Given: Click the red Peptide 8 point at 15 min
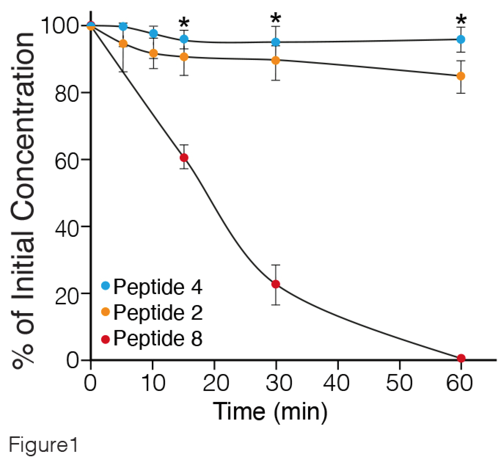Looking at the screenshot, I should click(x=184, y=158).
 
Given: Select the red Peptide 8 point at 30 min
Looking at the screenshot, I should click(x=276, y=284).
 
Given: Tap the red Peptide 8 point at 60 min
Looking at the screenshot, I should click(x=461, y=358).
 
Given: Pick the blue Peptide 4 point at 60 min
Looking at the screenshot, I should click(x=461, y=39).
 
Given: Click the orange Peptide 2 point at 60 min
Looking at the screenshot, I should click(x=461, y=76).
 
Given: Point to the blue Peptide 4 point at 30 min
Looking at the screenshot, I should click(x=276, y=42).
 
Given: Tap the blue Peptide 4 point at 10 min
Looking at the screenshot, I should click(x=154, y=33).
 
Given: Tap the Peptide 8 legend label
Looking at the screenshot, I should click(x=158, y=338).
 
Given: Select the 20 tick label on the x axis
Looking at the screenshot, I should click(x=216, y=383).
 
